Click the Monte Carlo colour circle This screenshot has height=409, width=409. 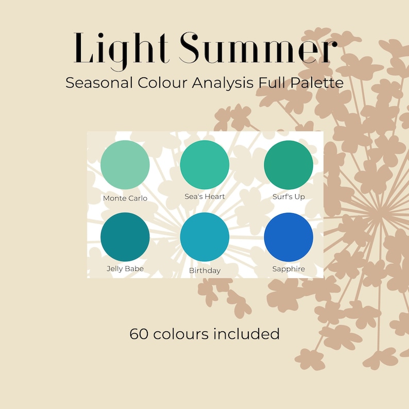tap(125, 165)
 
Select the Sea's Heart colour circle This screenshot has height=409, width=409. tap(204, 165)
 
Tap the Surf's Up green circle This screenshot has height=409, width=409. tap(288, 165)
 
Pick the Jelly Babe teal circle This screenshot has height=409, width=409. tap(125, 237)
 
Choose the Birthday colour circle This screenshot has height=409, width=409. tap(204, 237)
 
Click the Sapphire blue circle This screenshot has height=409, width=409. tap(288, 237)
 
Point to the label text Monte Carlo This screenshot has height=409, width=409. tap(125, 198)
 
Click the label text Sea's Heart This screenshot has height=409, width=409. tap(204, 196)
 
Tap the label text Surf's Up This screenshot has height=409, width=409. tap(288, 196)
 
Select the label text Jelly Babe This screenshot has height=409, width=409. tap(125, 268)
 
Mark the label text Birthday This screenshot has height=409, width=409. tap(204, 270)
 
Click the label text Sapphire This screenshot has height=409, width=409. tap(288, 268)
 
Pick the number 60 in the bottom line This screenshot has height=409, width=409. tap(138, 334)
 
